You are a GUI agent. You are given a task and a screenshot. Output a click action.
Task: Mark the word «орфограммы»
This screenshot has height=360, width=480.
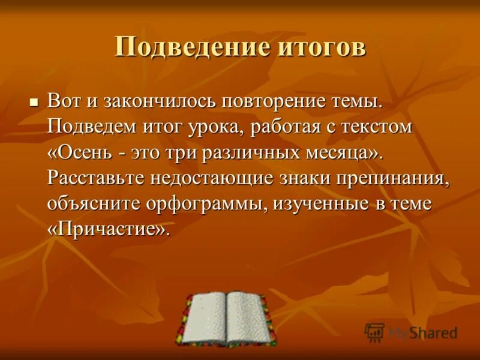click(213, 204)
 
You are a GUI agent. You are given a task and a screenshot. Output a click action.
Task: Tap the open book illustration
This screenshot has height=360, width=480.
click(226, 319)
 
